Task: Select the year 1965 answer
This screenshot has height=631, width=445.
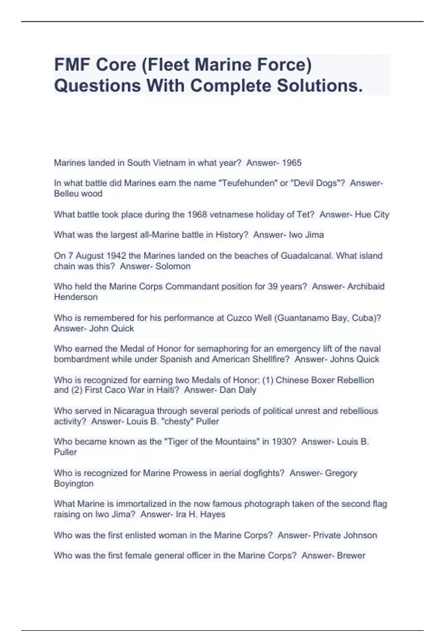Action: click(x=292, y=163)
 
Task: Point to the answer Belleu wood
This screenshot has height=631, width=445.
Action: click(x=78, y=194)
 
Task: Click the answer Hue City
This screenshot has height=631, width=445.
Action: click(x=372, y=215)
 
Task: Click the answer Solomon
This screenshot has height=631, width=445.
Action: click(x=173, y=266)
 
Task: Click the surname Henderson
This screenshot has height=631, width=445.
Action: click(x=76, y=297)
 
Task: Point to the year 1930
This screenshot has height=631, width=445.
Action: click(x=284, y=442)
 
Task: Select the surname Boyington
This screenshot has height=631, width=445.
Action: click(x=73, y=484)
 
